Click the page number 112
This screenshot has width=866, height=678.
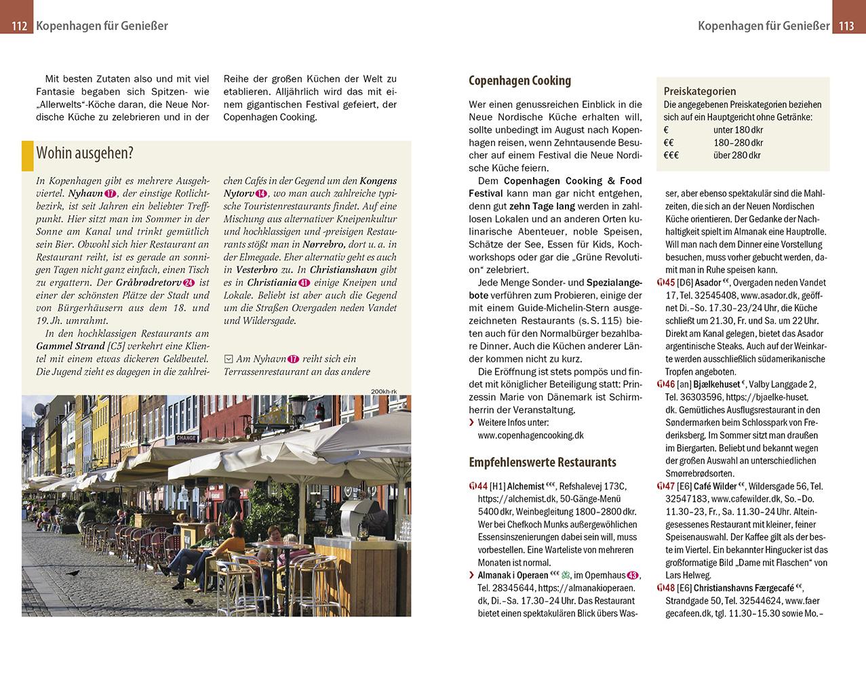18,26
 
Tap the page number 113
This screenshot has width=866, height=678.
846,26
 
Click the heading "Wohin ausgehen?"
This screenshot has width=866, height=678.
85,153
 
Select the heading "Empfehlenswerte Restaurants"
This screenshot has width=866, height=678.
543,462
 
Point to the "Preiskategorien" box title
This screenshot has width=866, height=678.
699,91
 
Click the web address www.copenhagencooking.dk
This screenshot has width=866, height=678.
531,435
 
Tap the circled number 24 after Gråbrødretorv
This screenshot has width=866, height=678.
189,283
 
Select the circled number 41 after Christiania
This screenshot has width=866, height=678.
304,283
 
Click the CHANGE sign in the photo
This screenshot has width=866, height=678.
186,438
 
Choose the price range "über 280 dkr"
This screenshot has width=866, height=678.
736,155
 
